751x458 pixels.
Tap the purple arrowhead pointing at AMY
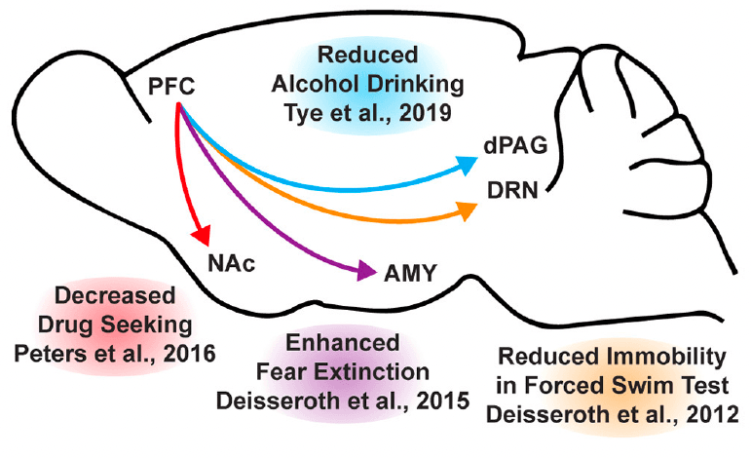tap(367, 272)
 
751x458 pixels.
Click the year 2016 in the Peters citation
tap(184, 349)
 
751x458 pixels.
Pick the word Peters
tap(74, 349)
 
